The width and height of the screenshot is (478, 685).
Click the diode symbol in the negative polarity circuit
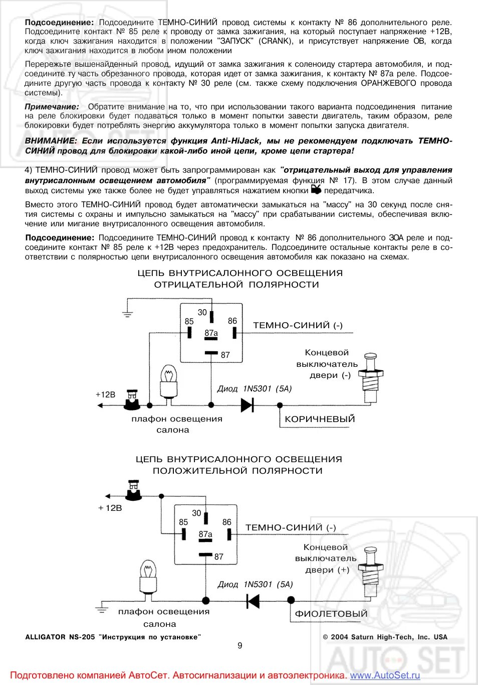point(248,404)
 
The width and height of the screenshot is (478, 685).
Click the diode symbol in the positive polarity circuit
point(254,600)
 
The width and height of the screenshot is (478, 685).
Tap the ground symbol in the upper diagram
point(128,314)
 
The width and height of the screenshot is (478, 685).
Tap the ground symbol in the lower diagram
point(102,609)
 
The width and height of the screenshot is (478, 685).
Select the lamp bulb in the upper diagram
point(168,380)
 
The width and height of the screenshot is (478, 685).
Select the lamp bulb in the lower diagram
point(148,576)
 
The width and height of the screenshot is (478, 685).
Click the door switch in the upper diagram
point(371,376)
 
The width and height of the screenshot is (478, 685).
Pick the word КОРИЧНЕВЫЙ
point(320,419)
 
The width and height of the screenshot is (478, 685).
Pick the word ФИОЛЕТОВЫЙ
point(331,614)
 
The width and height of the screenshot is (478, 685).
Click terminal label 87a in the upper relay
point(211,333)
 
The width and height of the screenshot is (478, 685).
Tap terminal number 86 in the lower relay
point(227,522)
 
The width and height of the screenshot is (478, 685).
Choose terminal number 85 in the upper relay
point(189,322)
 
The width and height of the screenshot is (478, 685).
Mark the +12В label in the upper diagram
point(105,394)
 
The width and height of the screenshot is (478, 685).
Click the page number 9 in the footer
point(240,645)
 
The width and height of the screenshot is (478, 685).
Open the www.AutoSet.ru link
point(385,675)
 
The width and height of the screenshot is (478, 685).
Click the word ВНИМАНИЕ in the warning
point(51,141)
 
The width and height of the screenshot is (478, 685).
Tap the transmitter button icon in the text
point(316,189)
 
